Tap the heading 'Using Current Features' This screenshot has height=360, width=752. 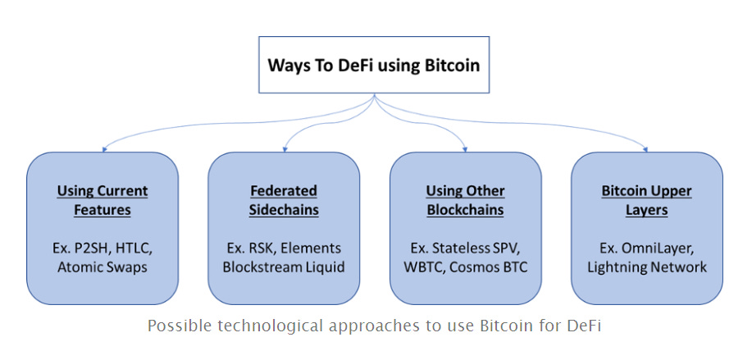pos(103,200)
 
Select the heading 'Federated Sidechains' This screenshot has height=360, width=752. pos(284,200)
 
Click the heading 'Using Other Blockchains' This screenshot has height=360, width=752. pos(465,200)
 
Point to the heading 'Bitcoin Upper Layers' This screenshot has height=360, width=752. pos(646,200)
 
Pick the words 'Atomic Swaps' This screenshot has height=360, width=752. pos(103,267)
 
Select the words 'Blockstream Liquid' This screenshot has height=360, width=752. pos(284,267)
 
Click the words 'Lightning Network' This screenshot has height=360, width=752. pos(646,267)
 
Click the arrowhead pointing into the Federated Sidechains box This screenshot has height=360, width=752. pos(285,148)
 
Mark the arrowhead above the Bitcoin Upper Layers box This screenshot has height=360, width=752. pos(646,148)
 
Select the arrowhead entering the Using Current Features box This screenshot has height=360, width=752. pos(103,148)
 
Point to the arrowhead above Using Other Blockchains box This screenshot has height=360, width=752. pos(466,148)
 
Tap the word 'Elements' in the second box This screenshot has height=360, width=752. pos(314,248)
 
